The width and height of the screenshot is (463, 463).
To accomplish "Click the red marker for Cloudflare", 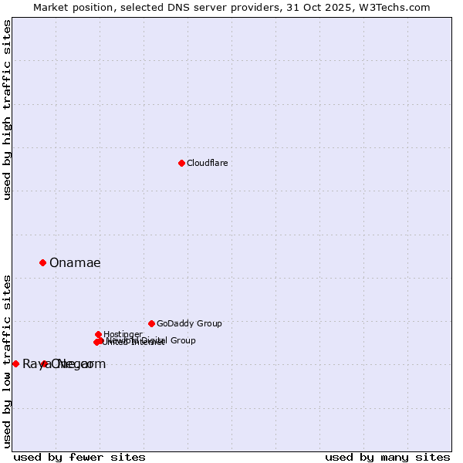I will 181,163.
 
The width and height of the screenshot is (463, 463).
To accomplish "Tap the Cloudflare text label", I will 207,163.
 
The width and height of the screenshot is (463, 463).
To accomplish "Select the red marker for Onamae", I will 42,262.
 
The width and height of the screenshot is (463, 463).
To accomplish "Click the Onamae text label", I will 75,262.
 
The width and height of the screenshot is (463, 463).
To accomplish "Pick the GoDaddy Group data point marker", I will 151,323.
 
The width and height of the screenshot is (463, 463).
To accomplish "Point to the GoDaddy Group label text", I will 189,323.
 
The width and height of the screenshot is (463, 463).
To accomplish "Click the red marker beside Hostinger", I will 98,334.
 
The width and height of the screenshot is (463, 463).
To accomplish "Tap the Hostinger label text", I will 123,334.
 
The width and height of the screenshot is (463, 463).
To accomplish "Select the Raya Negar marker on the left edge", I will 15,363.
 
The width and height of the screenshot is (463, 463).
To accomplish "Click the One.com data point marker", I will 44,363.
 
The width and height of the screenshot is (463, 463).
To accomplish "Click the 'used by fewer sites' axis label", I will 79,457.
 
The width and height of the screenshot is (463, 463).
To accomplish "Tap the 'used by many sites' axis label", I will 387,457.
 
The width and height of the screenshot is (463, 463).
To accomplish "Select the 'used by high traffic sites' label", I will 8,110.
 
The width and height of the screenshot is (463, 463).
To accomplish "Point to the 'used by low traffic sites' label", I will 8,360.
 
